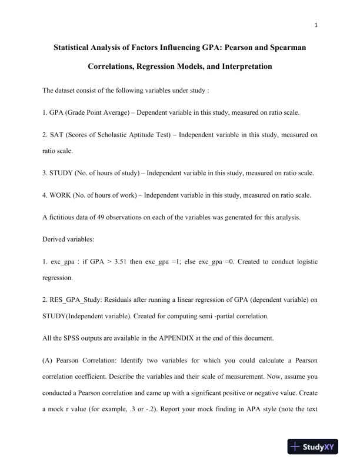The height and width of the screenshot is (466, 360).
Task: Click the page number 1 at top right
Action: [x=316, y=25]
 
